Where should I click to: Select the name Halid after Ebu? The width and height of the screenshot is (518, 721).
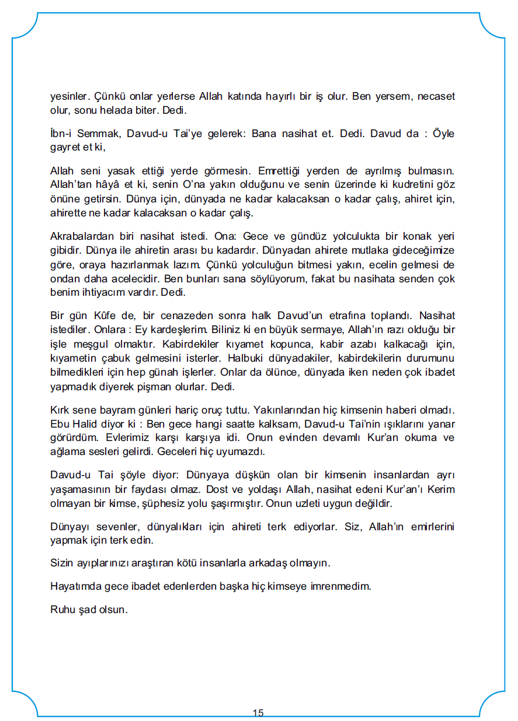(88, 424)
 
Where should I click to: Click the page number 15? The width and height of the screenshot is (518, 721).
(258, 713)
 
